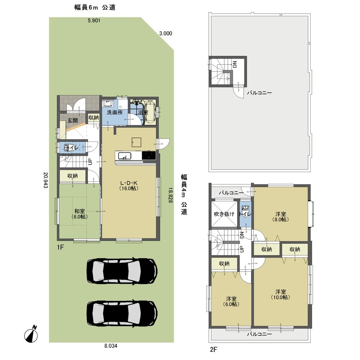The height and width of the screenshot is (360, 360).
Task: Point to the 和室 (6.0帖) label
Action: click(x=79, y=214)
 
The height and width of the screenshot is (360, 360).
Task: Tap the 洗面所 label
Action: click(x=114, y=112)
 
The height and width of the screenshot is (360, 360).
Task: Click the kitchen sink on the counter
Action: click(x=124, y=156)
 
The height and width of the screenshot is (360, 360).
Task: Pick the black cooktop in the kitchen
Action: click(x=149, y=156)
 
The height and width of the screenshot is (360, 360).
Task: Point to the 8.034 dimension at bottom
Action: click(x=111, y=346)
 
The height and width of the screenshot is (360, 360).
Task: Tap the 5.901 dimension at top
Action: click(x=94, y=21)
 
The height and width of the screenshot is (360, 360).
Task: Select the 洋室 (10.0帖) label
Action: click(x=281, y=294)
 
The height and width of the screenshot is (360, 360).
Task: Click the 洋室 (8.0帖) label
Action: click(x=281, y=216)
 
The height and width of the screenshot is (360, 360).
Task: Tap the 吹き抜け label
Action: click(x=224, y=214)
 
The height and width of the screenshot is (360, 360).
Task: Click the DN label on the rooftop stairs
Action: click(x=234, y=65)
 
